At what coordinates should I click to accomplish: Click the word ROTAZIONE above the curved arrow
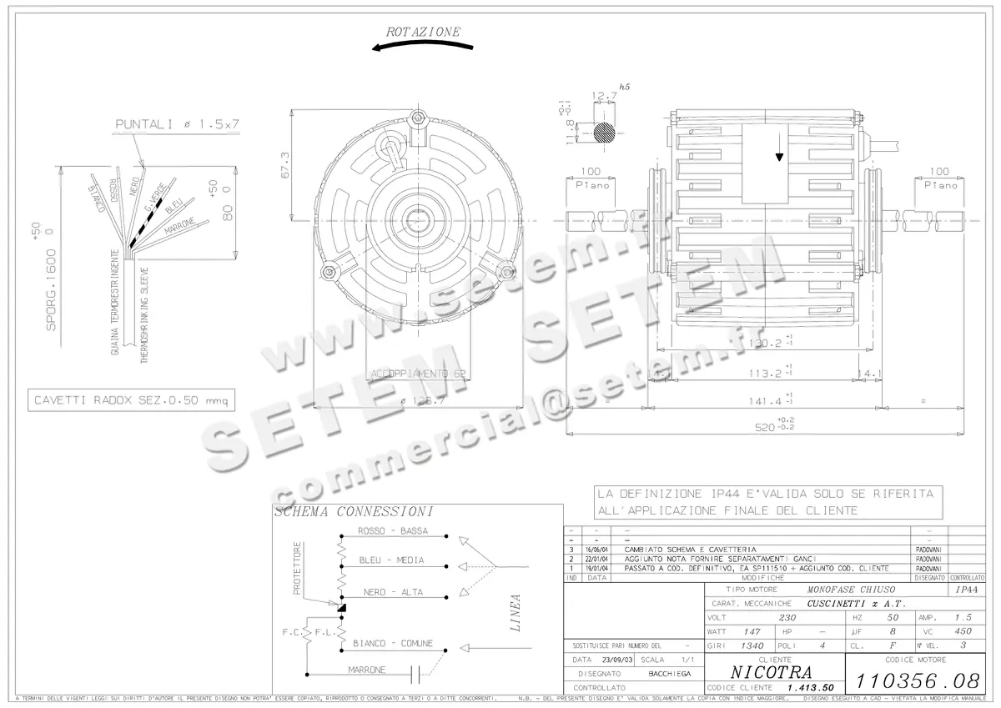[x=423, y=32]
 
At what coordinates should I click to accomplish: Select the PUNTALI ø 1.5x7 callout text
[x=177, y=124]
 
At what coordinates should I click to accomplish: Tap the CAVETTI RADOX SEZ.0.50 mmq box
[x=129, y=401]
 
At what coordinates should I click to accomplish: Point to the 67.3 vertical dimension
[x=285, y=165]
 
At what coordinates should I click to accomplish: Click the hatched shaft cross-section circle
[x=607, y=132]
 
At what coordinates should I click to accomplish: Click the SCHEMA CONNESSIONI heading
[x=342, y=512]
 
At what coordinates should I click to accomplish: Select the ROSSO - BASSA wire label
[x=392, y=531]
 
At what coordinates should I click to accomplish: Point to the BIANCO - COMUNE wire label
[x=392, y=643]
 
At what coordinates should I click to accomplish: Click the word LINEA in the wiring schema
[x=516, y=613]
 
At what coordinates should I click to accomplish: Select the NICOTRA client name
[x=768, y=672]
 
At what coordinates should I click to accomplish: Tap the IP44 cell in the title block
[x=966, y=588]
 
